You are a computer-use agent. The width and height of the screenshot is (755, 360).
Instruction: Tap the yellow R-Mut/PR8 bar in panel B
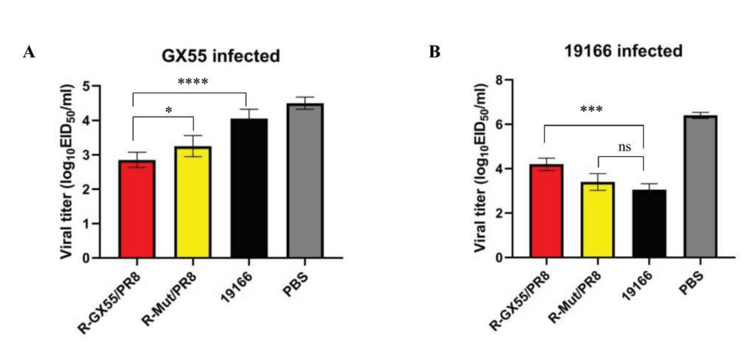tap(598, 220)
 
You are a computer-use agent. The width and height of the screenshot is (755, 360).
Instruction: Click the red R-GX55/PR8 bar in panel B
tap(546, 211)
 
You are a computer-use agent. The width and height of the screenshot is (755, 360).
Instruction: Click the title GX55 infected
tap(221, 56)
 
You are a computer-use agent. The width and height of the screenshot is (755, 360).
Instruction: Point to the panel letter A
tap(29, 52)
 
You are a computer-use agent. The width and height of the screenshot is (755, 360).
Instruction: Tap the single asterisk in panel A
tap(169, 111)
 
